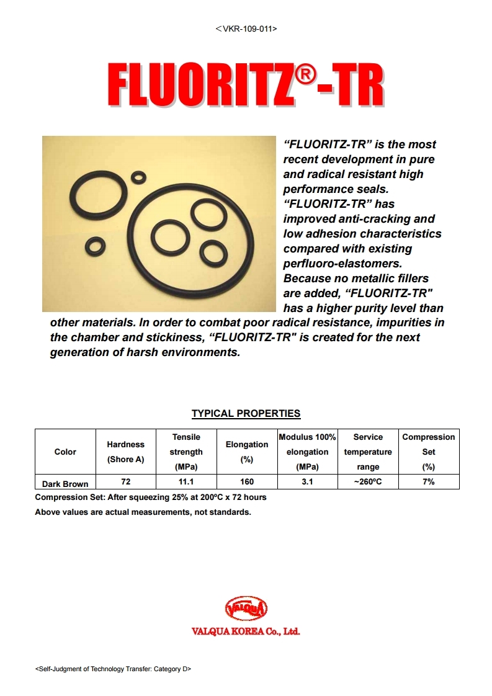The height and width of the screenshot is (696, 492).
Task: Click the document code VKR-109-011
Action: (x=246, y=29)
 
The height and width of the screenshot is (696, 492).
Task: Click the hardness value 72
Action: (x=126, y=481)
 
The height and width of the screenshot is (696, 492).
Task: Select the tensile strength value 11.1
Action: (x=186, y=481)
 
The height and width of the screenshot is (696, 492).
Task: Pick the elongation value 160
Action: (x=246, y=481)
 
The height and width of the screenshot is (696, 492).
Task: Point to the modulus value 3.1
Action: (x=307, y=481)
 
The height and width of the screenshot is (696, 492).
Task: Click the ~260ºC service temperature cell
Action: (x=368, y=481)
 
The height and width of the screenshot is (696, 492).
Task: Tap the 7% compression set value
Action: (x=428, y=481)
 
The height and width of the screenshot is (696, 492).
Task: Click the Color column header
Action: (x=65, y=452)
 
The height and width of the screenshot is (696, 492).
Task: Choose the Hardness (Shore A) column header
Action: (x=126, y=452)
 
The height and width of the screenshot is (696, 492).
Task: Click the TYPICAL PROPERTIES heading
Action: (x=246, y=413)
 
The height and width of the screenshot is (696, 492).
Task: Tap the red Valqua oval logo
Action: (x=246, y=608)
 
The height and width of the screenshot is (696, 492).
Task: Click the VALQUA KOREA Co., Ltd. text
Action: (x=246, y=631)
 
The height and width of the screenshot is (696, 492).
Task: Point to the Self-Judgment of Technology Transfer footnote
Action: (x=113, y=669)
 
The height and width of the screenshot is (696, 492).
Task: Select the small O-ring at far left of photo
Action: (x=95, y=246)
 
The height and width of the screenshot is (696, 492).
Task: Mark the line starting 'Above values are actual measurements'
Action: (x=143, y=512)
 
